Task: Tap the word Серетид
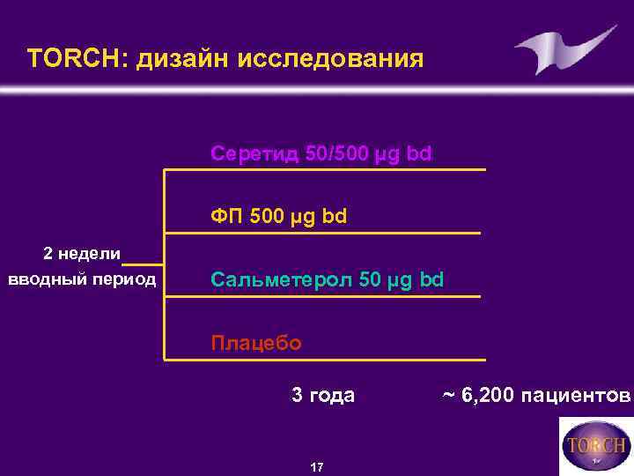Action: point(254,154)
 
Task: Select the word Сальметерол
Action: point(281,280)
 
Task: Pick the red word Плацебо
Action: point(256,342)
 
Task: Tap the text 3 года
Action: point(323,395)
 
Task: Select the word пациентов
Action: point(578,395)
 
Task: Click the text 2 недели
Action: point(82,254)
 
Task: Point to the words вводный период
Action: point(82,280)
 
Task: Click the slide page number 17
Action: point(317,465)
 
